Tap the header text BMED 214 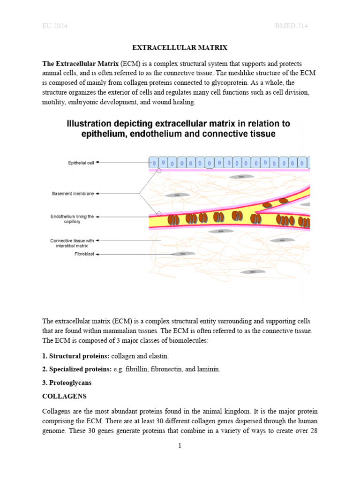[x=291, y=26]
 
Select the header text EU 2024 [x=55, y=26]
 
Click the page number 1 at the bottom [x=180, y=446]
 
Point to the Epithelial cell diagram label [x=81, y=163]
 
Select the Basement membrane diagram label [x=73, y=193]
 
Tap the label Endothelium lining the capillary [x=72, y=219]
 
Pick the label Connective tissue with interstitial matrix [x=72, y=243]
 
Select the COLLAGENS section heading [x=64, y=396]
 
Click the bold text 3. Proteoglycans [x=67, y=383]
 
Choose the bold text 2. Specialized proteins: [x=77, y=370]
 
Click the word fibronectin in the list [x=166, y=370]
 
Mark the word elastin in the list [x=157, y=357]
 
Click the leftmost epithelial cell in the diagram [x=154, y=163]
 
